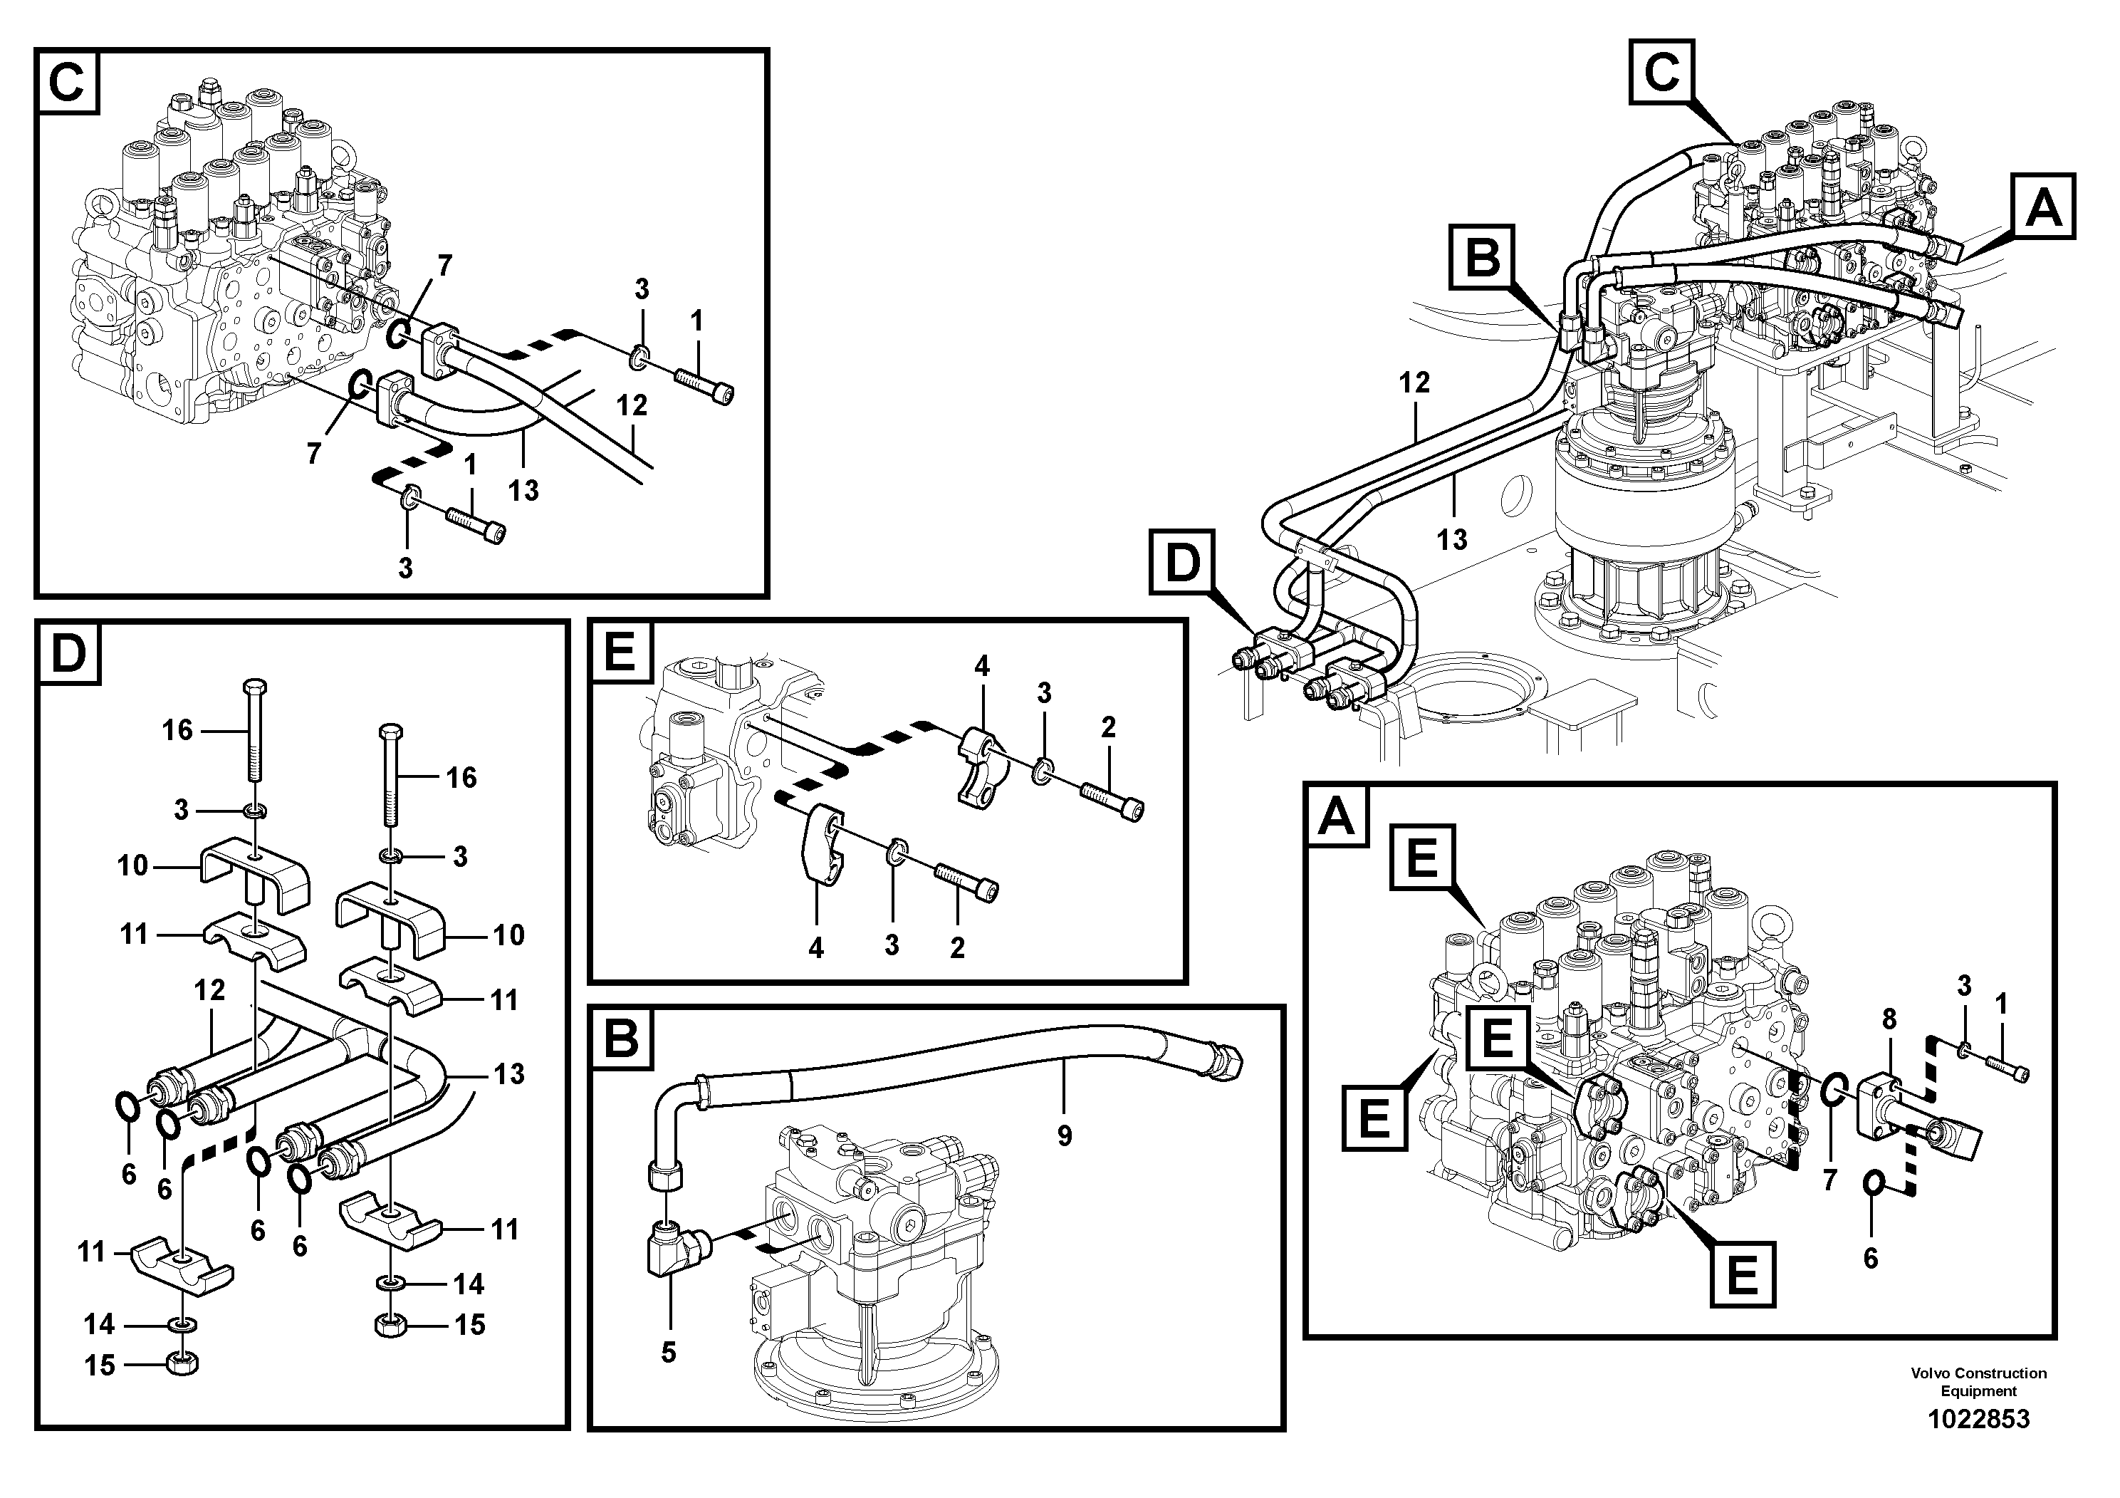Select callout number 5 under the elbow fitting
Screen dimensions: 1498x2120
coord(669,1352)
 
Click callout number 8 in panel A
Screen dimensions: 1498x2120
coord(1889,1019)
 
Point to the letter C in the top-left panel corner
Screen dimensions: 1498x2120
coord(66,82)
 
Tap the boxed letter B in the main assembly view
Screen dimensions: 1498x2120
coord(1483,258)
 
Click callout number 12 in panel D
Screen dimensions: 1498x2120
coord(209,990)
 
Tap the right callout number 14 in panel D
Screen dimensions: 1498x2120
coord(468,1284)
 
